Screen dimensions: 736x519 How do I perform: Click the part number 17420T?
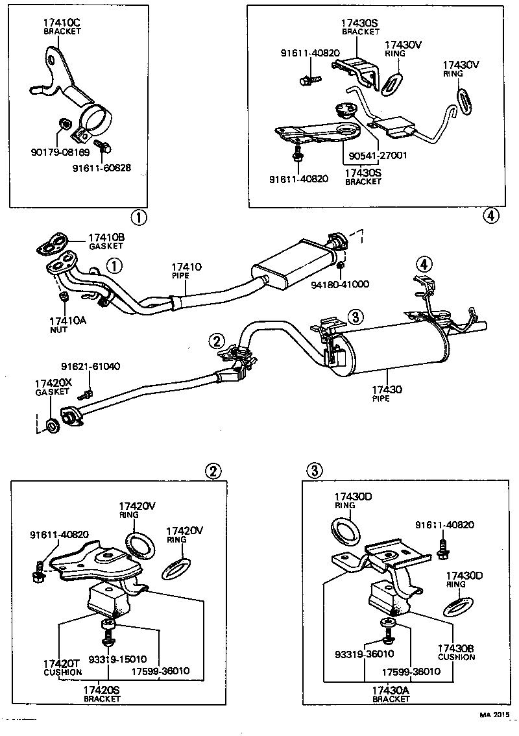pyautogui.click(x=62, y=663)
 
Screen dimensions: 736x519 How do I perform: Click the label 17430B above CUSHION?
pyautogui.click(x=455, y=648)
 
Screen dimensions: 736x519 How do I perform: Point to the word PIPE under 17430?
pyautogui.click(x=381, y=399)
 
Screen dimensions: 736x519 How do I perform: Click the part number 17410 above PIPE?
pyautogui.click(x=186, y=267)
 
